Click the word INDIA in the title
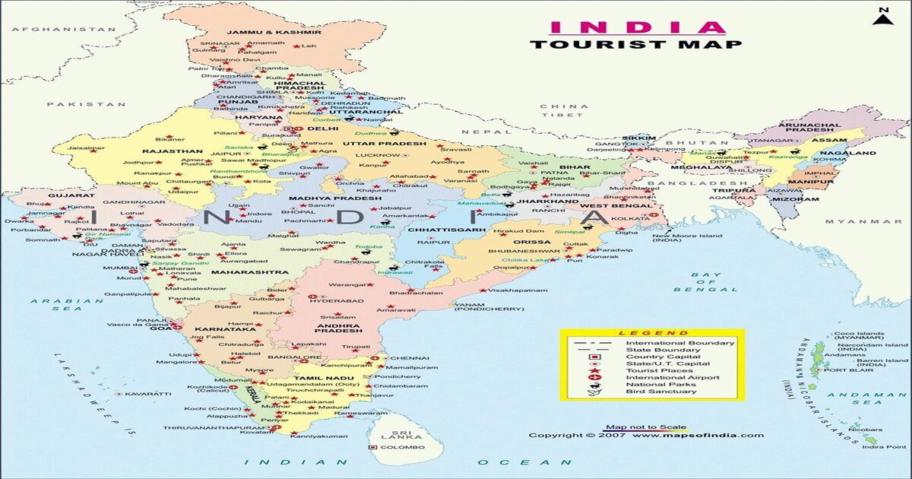pos(637,27)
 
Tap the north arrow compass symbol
pos(882,17)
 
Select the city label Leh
pos(309,46)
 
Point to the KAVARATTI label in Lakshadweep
pos(148,394)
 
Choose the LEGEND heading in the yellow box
pos(642,333)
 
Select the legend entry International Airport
pos(672,377)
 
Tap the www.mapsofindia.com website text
pos(698,436)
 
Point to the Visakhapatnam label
pos(518,290)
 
